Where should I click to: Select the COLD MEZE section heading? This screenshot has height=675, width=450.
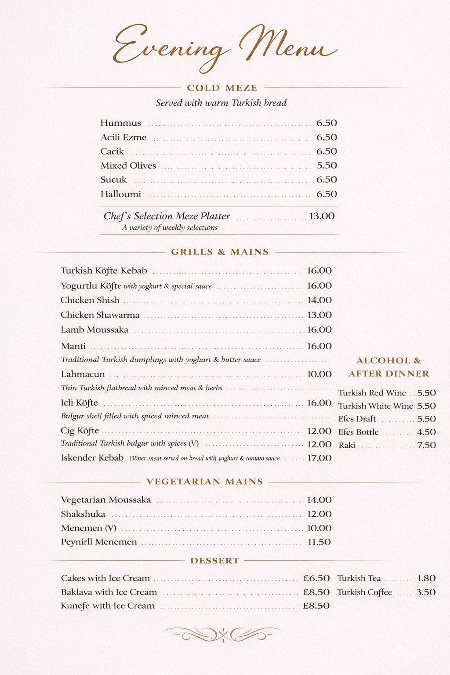[x=222, y=88]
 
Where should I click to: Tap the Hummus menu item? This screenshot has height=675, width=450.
[x=121, y=123]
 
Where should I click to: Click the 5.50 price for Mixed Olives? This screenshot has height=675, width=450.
[x=327, y=166]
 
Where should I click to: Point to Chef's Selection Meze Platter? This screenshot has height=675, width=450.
[x=167, y=216]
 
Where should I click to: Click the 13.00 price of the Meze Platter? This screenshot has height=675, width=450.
[x=322, y=216]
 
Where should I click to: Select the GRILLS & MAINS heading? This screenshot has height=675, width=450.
[x=220, y=252]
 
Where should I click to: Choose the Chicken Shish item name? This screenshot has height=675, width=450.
[x=90, y=300]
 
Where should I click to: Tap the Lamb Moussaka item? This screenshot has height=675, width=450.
[x=94, y=330]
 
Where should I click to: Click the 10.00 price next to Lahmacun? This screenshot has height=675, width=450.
[x=319, y=374]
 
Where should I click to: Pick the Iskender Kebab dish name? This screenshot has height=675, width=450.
[x=92, y=458]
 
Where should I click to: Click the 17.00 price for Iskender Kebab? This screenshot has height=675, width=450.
[x=319, y=458]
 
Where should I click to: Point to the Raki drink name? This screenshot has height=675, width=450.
[x=347, y=445]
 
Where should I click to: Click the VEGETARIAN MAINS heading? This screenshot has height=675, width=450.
[x=205, y=482]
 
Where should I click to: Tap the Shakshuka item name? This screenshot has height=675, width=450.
[x=83, y=514]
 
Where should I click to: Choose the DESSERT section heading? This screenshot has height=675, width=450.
[x=215, y=561]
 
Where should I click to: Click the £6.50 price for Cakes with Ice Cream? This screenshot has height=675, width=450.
[x=316, y=578]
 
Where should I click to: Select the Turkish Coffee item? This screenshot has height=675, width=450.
[x=365, y=592]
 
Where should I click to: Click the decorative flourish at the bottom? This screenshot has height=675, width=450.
[x=223, y=634]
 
